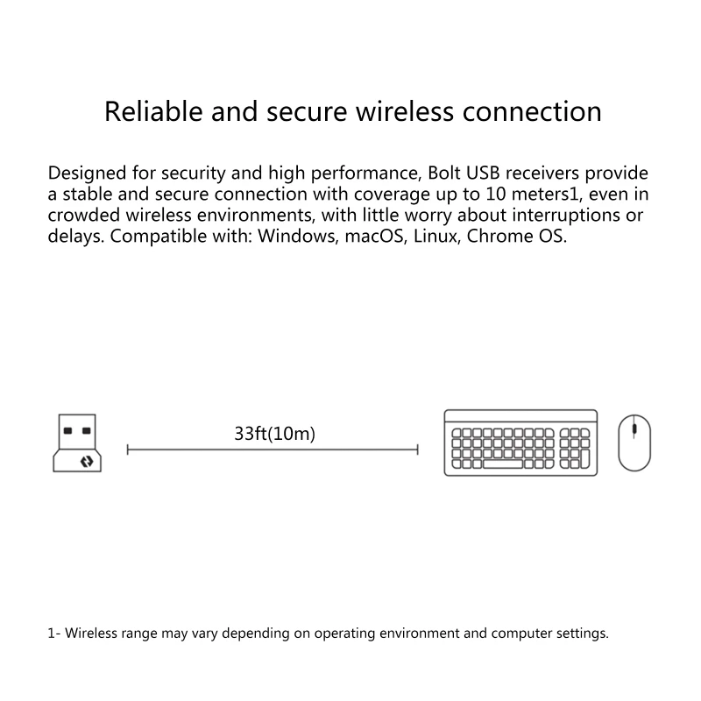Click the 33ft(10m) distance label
pyautogui.click(x=274, y=433)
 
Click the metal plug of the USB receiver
pyautogui.click(x=77, y=430)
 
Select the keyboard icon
pyautogui.click(x=520, y=443)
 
